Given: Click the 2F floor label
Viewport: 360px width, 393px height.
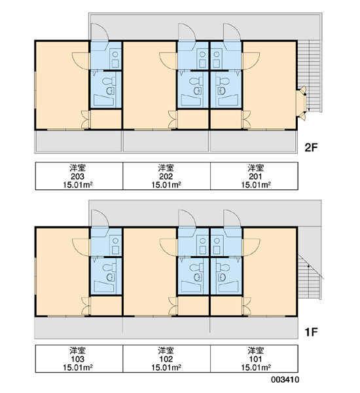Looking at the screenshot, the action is [311, 147].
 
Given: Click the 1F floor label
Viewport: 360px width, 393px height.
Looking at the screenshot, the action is [311, 332].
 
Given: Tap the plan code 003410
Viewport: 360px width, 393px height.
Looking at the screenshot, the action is [285, 379].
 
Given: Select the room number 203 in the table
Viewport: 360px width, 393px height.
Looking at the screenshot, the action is [77, 176].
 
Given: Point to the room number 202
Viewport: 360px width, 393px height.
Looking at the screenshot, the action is [166, 176].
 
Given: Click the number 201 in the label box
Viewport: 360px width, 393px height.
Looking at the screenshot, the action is [255, 176].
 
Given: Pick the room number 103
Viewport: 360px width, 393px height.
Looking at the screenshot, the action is [77, 359].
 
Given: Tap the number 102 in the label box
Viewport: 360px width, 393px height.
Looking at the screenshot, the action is [166, 359].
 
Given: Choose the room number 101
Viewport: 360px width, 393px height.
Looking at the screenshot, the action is [255, 359].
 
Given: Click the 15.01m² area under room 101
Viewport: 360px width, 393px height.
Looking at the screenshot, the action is [256, 367].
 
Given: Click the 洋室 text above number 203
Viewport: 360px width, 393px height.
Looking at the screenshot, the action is [78, 168].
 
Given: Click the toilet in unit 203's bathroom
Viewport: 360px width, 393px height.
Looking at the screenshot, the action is [109, 81].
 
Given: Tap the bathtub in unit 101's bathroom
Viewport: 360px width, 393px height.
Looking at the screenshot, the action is [228, 286].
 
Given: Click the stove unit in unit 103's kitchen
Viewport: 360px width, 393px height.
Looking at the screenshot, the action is [115, 246].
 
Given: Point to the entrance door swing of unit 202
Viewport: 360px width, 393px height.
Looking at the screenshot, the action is [187, 31].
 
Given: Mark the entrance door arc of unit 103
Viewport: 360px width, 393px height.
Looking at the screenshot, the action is [99, 218].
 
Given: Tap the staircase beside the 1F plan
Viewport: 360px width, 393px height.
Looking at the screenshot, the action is [310, 276].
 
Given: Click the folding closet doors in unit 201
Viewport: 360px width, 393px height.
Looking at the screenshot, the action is [247, 120].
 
